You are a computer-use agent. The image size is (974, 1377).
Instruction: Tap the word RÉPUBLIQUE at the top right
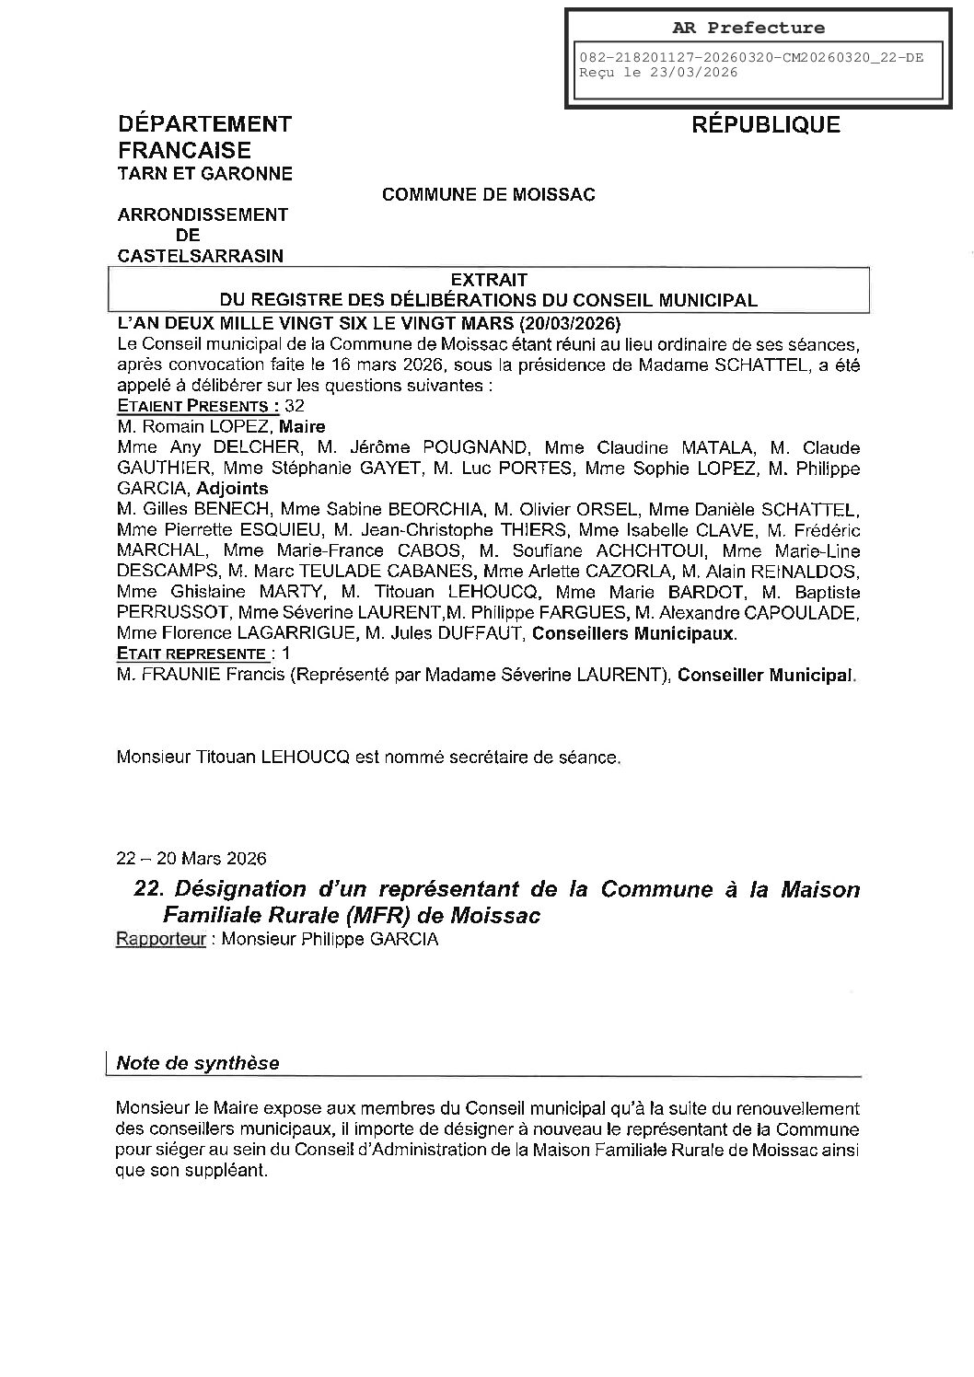[765, 125]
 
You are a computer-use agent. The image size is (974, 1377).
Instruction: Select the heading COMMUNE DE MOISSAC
[488, 195]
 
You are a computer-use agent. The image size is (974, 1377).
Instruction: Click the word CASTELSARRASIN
[201, 256]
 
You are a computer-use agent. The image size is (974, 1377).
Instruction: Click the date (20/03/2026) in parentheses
[569, 324]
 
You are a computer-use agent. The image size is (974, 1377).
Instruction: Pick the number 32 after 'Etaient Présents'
[295, 406]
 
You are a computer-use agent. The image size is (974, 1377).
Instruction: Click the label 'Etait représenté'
[195, 654]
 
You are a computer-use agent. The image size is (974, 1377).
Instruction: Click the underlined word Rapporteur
[160, 940]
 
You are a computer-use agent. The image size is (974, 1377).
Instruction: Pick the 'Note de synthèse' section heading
[197, 1063]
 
